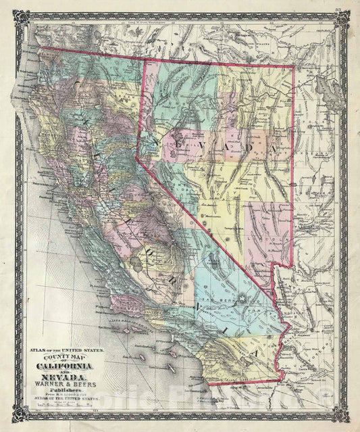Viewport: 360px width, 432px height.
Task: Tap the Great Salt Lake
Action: (336, 93)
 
